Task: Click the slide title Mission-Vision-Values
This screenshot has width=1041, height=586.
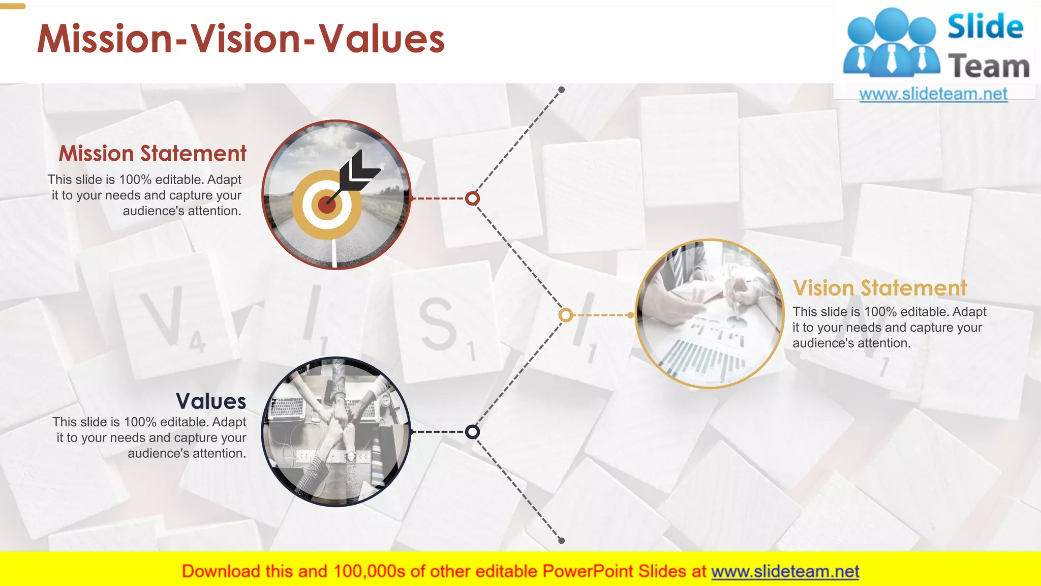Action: point(241,39)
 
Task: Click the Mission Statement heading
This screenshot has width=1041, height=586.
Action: point(152,154)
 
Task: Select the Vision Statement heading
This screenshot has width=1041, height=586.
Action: point(879,288)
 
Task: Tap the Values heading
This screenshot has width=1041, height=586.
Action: point(211,401)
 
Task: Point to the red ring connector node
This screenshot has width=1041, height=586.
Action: point(472,198)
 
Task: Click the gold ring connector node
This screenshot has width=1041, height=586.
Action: point(565,315)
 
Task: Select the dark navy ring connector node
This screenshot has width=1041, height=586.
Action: point(472,432)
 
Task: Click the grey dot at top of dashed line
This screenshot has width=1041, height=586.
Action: point(562,90)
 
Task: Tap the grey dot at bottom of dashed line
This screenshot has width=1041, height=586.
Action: point(562,541)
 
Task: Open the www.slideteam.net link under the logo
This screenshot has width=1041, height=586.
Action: point(933,94)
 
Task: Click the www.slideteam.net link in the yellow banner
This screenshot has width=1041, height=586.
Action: point(785,572)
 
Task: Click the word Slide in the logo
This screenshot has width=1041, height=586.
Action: point(985,27)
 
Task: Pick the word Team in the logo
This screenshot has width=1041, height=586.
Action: point(989,67)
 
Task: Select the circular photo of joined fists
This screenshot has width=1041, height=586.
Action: point(335,432)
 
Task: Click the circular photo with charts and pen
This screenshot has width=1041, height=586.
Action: point(710,314)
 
